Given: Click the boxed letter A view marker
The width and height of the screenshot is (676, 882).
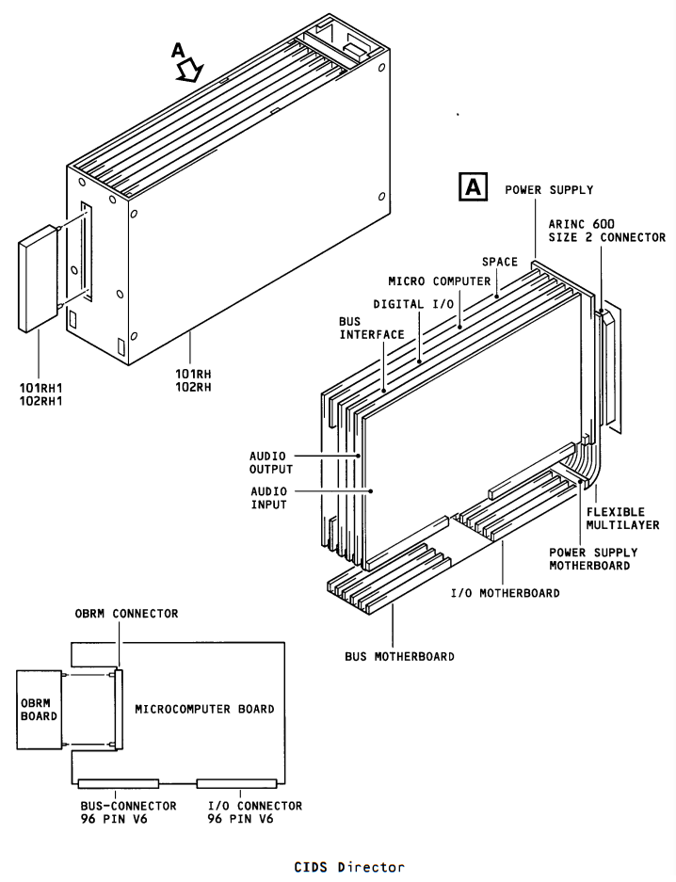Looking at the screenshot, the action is click(x=473, y=186).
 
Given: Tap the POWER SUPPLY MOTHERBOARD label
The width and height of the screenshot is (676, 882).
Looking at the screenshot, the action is click(x=593, y=559).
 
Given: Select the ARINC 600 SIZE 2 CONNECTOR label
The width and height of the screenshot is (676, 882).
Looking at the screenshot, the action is click(x=606, y=231).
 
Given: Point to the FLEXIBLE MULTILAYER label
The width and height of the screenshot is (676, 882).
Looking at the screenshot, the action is click(x=622, y=518).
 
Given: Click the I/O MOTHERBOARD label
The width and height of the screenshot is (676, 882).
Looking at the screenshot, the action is click(x=505, y=593).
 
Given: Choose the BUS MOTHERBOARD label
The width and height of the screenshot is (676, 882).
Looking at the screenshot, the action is click(x=399, y=656).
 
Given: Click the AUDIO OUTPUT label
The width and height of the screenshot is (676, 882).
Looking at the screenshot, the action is click(x=271, y=462).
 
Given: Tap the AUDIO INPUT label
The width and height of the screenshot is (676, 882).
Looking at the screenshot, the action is click(x=269, y=498).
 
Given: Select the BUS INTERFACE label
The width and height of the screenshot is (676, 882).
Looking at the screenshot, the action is click(x=371, y=328).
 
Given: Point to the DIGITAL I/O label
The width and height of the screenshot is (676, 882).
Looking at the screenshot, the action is click(x=413, y=304).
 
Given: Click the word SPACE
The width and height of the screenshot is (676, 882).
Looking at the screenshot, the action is click(x=499, y=262).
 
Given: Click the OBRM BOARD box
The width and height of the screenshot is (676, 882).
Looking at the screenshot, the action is click(x=39, y=710).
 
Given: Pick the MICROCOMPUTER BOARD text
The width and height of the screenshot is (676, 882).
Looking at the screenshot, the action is click(x=204, y=709).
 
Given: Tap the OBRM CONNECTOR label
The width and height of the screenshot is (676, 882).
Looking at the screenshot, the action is click(x=126, y=613).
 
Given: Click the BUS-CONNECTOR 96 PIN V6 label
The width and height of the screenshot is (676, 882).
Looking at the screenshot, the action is click(x=128, y=812).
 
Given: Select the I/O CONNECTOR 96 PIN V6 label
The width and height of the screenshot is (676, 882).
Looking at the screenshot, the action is click(x=255, y=812).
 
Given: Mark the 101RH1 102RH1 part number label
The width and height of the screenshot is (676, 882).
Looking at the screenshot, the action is click(x=41, y=393).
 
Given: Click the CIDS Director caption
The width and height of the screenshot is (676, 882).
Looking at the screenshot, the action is click(x=349, y=867).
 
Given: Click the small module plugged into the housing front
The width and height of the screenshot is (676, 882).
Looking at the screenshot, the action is click(x=39, y=279).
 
